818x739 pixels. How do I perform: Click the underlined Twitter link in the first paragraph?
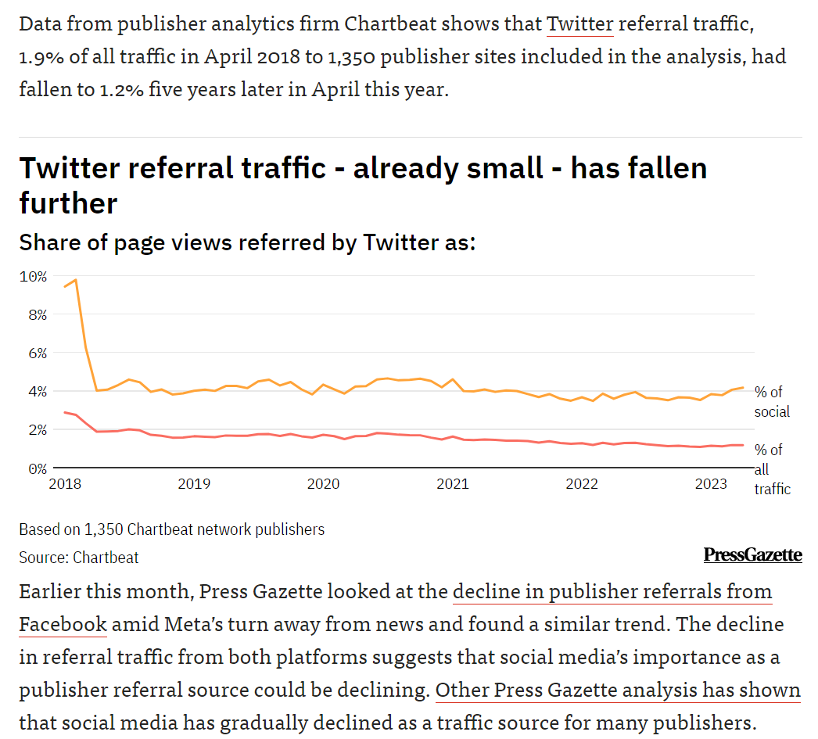click(579, 23)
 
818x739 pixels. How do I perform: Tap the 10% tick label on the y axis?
click(34, 276)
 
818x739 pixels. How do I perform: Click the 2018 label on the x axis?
click(65, 484)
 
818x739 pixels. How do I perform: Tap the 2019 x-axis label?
click(194, 484)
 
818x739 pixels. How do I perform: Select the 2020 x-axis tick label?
click(323, 484)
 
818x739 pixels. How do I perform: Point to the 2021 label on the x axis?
click(453, 484)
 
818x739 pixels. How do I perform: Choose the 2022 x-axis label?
click(582, 484)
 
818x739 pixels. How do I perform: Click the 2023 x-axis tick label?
click(712, 484)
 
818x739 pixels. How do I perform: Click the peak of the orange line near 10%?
click(75, 280)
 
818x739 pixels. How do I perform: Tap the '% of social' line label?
click(771, 401)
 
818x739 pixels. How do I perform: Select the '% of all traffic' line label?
click(771, 469)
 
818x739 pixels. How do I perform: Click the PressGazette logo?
click(752, 554)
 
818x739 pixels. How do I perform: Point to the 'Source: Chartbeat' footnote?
click(79, 558)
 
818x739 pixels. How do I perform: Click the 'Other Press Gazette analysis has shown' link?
click(618, 691)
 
